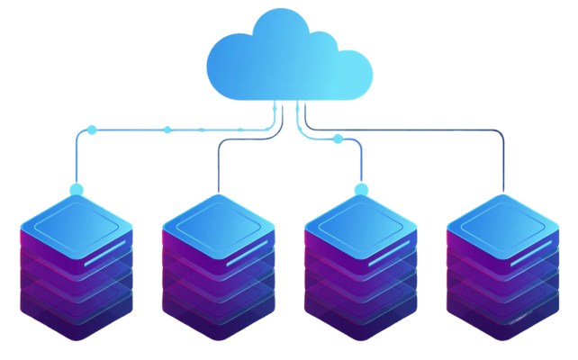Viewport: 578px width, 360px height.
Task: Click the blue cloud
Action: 288,58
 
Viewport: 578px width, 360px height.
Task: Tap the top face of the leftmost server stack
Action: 76,222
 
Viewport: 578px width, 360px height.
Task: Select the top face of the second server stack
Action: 219,222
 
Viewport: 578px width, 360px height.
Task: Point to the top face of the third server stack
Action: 361,222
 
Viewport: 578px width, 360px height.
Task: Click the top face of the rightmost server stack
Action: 503,222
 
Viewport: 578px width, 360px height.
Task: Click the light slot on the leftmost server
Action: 100,260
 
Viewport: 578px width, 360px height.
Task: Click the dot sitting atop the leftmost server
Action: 76,190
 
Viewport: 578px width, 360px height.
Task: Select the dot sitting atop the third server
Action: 361,189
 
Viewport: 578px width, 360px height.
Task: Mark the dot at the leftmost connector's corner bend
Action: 90,130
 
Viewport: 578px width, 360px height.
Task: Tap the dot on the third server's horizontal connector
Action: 338,139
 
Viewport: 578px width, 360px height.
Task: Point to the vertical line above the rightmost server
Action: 503,162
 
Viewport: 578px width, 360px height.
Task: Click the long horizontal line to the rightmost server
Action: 405,130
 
